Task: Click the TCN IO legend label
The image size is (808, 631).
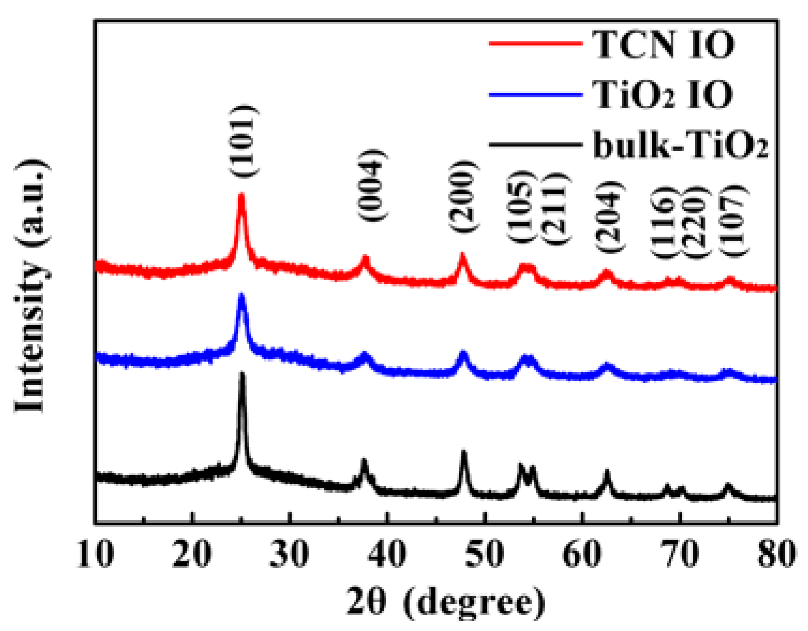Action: [x=663, y=44]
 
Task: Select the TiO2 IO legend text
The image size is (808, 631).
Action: [x=662, y=95]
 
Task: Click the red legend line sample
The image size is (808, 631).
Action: [x=535, y=43]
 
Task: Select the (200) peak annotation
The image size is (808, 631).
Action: [x=463, y=196]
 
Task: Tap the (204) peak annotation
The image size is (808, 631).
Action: [x=609, y=217]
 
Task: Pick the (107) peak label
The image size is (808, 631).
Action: [x=735, y=221]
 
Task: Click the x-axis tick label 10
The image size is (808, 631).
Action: [x=95, y=554]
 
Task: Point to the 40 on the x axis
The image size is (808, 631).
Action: [x=387, y=554]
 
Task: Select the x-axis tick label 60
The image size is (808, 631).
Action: [x=582, y=554]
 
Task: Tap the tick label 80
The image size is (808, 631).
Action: [x=776, y=554]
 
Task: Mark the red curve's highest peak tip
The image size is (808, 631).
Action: [x=241, y=194]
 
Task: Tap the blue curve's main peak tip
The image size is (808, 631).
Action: [x=241, y=294]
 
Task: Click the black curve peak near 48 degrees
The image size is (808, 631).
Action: [x=464, y=452]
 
